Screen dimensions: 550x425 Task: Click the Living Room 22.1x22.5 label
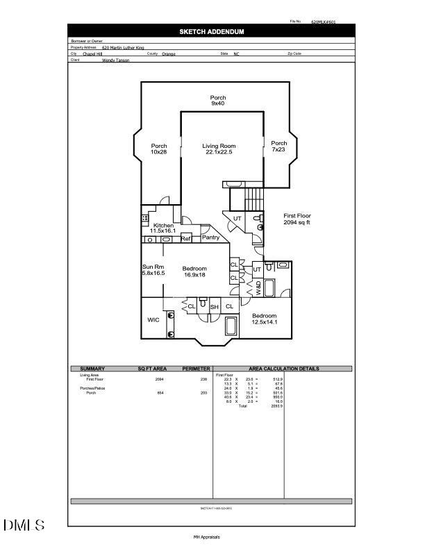(219, 149)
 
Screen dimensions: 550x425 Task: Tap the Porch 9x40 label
(218, 101)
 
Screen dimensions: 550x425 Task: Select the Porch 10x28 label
(158, 149)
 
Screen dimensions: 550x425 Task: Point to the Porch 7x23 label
(278, 147)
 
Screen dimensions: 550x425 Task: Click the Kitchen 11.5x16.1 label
(163, 228)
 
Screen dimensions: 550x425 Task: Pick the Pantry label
(210, 237)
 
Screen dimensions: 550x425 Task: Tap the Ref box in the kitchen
(185, 239)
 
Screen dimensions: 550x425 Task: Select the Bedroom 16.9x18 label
(194, 272)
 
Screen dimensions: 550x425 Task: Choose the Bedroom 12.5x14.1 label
(264, 319)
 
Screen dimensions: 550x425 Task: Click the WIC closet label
(153, 320)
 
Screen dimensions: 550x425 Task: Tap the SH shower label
(215, 307)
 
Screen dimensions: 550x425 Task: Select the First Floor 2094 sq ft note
(297, 219)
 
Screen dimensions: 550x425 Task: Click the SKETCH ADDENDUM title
(211, 32)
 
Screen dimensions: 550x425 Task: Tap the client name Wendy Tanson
(116, 60)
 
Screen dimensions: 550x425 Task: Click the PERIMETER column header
(195, 369)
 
